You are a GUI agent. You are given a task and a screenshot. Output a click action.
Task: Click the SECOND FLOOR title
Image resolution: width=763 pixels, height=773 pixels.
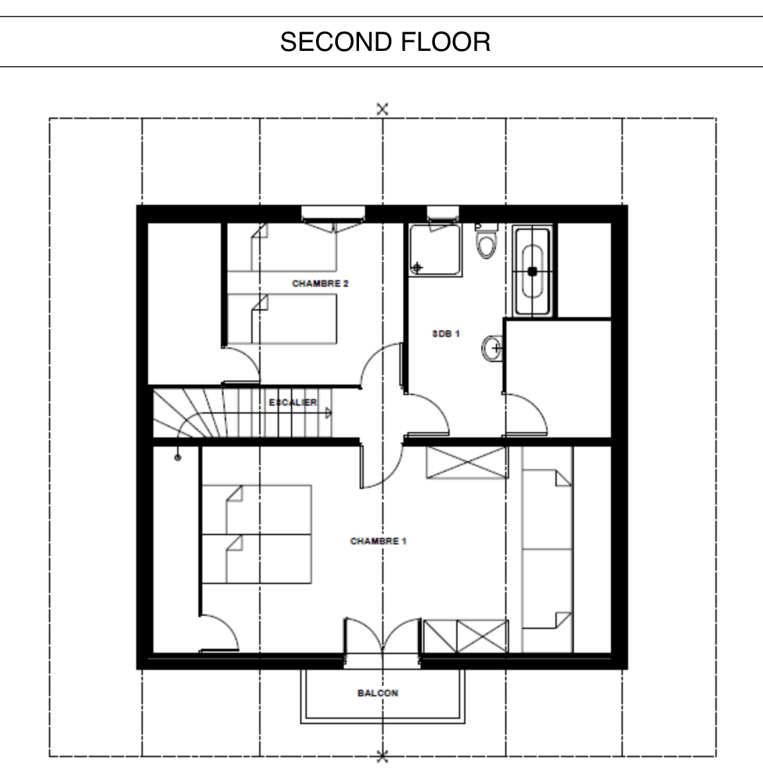(385, 42)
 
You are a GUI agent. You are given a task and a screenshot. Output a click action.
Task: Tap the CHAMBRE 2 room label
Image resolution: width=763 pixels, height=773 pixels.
(320, 283)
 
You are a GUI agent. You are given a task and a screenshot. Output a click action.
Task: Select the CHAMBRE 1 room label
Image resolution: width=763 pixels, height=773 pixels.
(378, 541)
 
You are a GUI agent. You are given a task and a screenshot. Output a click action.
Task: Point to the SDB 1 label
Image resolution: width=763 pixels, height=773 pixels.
(446, 334)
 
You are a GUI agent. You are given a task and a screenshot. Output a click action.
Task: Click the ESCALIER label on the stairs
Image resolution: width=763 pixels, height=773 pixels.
(293, 403)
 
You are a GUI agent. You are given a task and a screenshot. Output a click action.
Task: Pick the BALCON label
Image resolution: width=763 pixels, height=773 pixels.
(378, 693)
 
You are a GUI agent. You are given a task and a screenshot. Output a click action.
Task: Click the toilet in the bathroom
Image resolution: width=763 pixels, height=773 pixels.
(487, 241)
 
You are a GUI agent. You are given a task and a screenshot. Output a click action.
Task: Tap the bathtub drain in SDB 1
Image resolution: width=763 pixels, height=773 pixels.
(532, 271)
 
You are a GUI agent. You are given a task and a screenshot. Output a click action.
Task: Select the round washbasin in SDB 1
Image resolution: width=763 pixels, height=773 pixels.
(492, 349)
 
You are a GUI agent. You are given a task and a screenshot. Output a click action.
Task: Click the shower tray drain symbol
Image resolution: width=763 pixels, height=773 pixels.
(417, 268)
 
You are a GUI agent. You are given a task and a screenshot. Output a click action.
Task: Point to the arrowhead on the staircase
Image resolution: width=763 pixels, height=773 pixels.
(329, 413)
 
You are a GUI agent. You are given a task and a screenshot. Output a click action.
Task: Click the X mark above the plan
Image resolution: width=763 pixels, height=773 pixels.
(382, 109)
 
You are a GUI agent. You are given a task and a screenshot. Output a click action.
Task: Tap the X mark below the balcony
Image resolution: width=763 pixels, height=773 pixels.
(382, 756)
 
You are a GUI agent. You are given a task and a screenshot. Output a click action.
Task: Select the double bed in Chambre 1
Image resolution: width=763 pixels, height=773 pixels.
(257, 534)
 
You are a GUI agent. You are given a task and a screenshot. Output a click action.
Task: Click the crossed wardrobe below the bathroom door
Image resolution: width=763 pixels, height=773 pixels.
(467, 462)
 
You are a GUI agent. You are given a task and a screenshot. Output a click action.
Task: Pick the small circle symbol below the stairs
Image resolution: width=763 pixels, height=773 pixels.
(178, 458)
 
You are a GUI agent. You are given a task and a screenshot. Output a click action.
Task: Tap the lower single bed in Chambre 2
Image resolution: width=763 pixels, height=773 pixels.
(282, 319)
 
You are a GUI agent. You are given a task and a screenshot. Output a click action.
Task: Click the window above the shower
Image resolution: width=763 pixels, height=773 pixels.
(443, 213)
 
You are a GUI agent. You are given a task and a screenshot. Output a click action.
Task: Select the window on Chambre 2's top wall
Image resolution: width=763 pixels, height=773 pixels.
(333, 213)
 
